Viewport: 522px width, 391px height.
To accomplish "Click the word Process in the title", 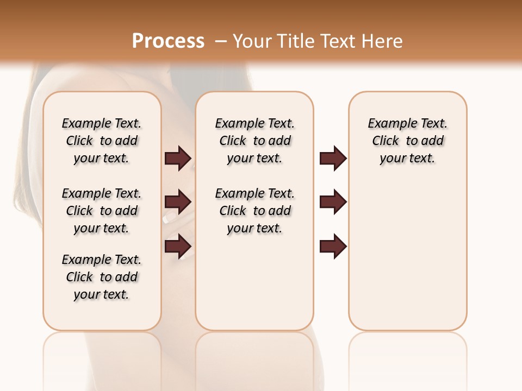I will (x=168, y=41).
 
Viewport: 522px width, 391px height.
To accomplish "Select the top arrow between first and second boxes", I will (x=178, y=159).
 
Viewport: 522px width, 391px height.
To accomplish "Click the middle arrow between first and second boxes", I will (x=178, y=202).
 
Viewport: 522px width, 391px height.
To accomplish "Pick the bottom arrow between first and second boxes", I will (x=178, y=247).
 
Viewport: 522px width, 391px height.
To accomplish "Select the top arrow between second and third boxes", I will (x=333, y=159).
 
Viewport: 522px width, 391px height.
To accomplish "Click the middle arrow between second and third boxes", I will (x=333, y=202).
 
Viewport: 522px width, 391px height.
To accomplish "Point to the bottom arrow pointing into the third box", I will (x=333, y=247).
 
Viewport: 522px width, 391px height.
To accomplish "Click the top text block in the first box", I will (x=102, y=141).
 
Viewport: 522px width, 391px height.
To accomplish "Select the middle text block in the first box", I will (x=102, y=211).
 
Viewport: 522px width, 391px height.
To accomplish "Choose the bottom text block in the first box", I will (x=102, y=277).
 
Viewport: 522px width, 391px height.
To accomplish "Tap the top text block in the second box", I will (x=254, y=141).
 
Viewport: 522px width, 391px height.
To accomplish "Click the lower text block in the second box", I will (x=254, y=211).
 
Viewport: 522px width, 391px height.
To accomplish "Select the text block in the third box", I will (x=408, y=141).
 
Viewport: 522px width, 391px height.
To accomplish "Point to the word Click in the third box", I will (x=386, y=141).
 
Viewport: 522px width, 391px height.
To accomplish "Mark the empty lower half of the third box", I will (x=408, y=261).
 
